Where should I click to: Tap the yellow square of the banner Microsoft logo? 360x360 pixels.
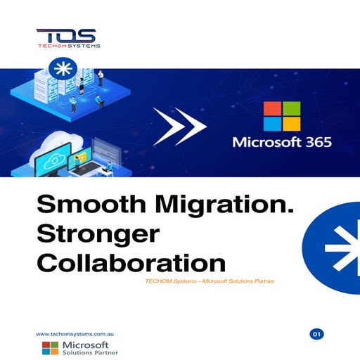(x=290, y=127)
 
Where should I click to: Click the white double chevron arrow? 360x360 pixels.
(x=180, y=127)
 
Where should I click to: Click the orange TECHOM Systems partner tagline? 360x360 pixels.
(x=207, y=282)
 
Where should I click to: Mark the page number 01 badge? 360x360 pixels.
(x=316, y=333)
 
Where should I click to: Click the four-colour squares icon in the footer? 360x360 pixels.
(x=50, y=349)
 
